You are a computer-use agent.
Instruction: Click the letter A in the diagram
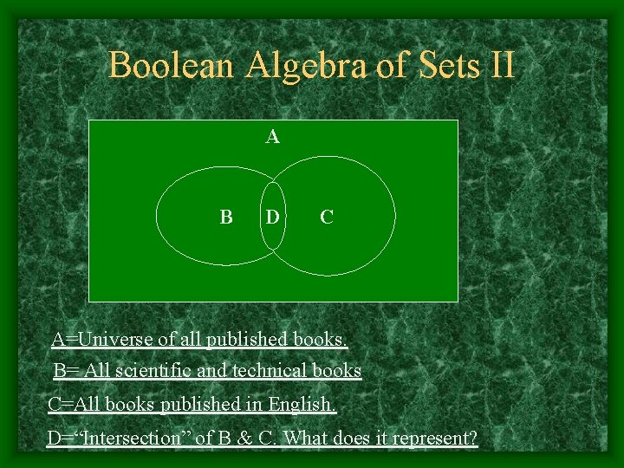click(273, 137)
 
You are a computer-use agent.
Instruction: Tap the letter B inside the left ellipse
click(225, 217)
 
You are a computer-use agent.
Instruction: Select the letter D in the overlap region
click(273, 217)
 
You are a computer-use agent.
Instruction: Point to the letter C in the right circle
click(326, 217)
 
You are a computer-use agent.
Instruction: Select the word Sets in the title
click(440, 66)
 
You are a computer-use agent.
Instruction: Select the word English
click(302, 405)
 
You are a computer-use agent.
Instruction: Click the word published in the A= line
click(251, 339)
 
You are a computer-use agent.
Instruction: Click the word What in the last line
click(306, 438)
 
